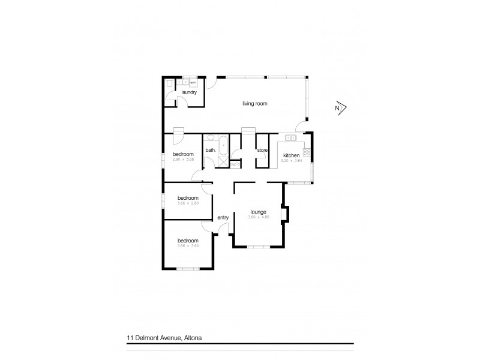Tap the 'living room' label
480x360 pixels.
[x=254, y=104]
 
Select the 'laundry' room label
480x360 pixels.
[x=190, y=92]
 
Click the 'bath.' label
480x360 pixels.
[x=211, y=150]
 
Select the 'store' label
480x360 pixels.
[x=262, y=150]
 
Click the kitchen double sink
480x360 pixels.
[x=292, y=138]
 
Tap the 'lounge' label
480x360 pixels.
[x=258, y=211]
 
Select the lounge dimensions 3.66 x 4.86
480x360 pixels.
[x=258, y=217]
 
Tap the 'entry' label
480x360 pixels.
[x=223, y=217]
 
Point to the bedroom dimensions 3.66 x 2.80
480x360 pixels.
[x=188, y=203]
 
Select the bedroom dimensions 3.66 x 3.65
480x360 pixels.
[x=188, y=245]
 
